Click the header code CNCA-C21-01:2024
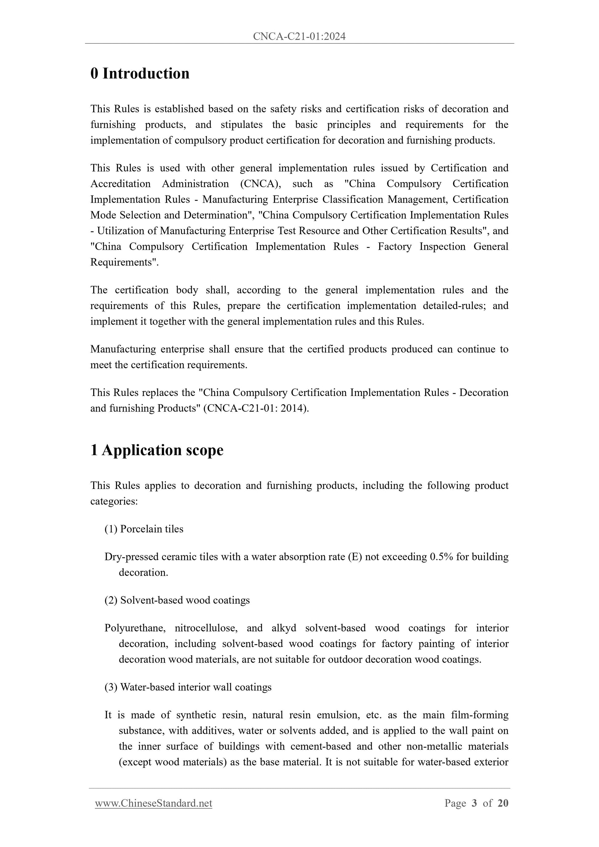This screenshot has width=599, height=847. [299, 36]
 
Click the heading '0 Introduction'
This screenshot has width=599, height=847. [140, 74]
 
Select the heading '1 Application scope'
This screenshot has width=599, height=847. [157, 450]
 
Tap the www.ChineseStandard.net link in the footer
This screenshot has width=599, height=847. [154, 803]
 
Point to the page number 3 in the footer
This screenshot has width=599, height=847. [474, 803]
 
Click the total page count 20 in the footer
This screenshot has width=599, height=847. [503, 803]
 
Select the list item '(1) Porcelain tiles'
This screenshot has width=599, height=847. [144, 529]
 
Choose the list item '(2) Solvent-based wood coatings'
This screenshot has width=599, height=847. [177, 600]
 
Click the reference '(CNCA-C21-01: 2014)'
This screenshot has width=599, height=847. [256, 408]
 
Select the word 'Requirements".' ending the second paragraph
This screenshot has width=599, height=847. [124, 262]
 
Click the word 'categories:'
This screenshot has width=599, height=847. [114, 501]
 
